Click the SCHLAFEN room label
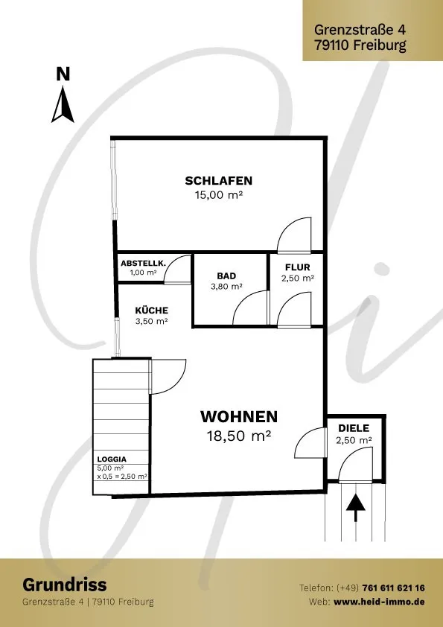click(218, 181)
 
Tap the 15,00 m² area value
click(219, 195)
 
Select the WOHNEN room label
click(239, 417)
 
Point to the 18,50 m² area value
click(239, 436)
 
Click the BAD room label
click(226, 276)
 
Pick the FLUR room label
click(298, 267)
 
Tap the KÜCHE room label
click(151, 311)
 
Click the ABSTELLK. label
click(143, 264)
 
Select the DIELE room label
click(354, 428)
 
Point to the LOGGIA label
click(112, 459)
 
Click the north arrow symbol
click(63, 105)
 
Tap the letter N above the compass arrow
click(63, 74)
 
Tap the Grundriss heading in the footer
click(64, 585)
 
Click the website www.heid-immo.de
click(379, 602)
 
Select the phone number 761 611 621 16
click(393, 588)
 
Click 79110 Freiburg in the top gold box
click(360, 45)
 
